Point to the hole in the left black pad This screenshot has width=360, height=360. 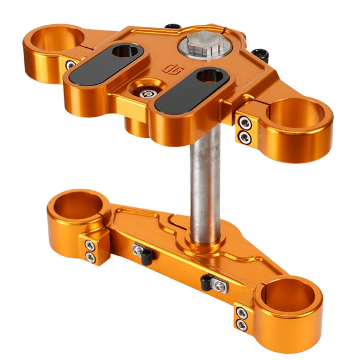tap(125, 52)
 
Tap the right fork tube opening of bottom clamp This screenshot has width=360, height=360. tap(288, 297)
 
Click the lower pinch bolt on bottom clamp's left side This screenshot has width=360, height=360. tap(91, 256)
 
